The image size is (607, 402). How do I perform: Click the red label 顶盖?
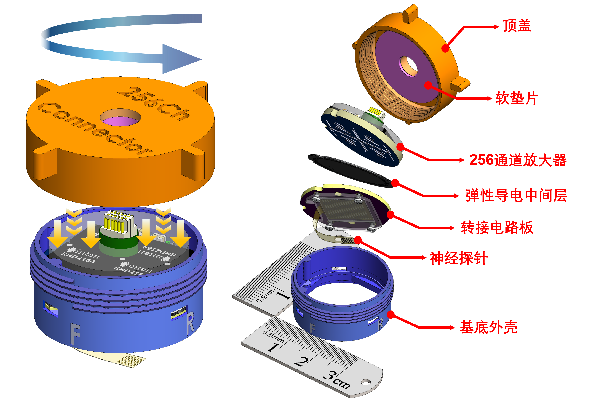tap(517, 26)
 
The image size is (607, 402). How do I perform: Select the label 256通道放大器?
tap(518, 160)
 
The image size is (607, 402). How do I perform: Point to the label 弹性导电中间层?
tap(516, 196)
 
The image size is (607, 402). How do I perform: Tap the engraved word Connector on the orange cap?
tap(95, 128)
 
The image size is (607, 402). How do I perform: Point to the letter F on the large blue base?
tap(75, 334)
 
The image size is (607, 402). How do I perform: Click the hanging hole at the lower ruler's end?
tap(366, 382)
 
